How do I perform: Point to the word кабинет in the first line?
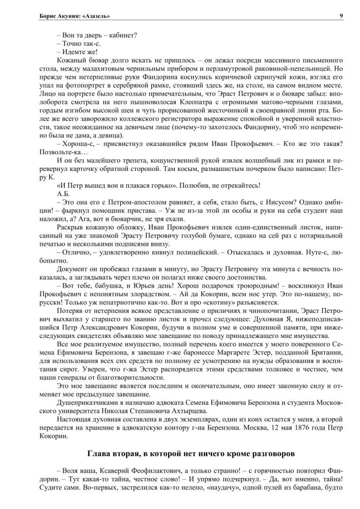[x=122, y=36]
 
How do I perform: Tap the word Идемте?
[x=76, y=52]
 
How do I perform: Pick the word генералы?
[x=89, y=384]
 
